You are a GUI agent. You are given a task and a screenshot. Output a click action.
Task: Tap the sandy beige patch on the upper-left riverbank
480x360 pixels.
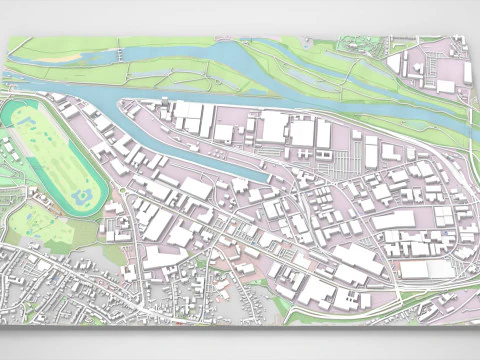[x=66, y=58]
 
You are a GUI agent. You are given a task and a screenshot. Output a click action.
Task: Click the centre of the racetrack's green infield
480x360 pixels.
[x=55, y=150]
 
